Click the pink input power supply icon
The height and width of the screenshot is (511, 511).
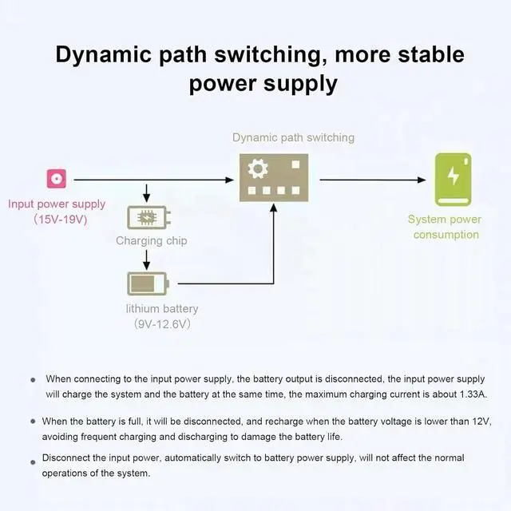[56, 179]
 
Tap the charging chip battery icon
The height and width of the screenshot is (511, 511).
[149, 217]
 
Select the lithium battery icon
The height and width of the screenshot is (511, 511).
[149, 283]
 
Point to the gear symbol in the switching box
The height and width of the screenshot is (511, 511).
[257, 169]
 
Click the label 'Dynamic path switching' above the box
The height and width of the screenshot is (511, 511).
[293, 137]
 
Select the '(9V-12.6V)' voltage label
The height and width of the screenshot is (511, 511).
[162, 324]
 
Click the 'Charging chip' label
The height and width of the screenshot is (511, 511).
[152, 240]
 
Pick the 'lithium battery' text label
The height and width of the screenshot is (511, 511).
[162, 309]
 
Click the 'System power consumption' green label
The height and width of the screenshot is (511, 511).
[446, 227]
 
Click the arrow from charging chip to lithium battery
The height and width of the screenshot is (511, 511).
[146, 259]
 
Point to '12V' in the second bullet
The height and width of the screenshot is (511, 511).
[476, 421]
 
